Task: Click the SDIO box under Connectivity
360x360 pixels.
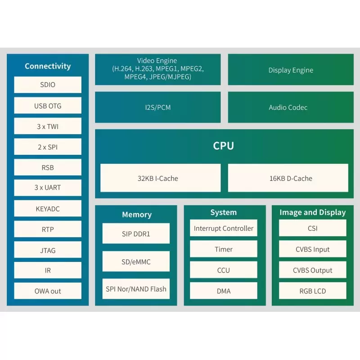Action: [x=48, y=85]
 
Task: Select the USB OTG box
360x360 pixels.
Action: [x=48, y=106]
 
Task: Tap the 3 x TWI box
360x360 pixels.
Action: [x=48, y=126]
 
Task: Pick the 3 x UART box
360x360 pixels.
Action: [x=48, y=188]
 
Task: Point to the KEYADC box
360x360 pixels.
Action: [x=48, y=209]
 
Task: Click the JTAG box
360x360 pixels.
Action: [x=48, y=250]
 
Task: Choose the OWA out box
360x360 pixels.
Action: [x=48, y=291]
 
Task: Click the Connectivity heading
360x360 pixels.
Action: [x=48, y=66]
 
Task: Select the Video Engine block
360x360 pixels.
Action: [x=157, y=69]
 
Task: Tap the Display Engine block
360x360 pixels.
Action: [x=291, y=70]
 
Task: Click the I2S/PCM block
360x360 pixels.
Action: [x=157, y=108]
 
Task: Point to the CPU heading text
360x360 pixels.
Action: [x=224, y=146]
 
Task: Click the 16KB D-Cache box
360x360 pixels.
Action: [x=288, y=178]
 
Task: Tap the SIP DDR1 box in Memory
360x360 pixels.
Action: [x=136, y=234]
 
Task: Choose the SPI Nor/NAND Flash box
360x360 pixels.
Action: [x=136, y=289]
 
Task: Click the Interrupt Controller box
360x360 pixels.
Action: [x=224, y=228]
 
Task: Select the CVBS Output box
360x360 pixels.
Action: [x=313, y=270]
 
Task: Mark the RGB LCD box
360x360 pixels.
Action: [x=313, y=291]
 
